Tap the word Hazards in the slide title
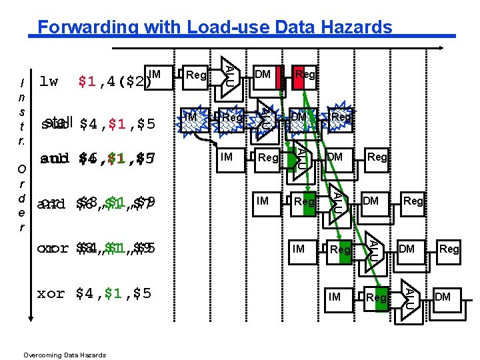click(358, 27)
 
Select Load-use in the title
click(227, 27)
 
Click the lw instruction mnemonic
click(49, 82)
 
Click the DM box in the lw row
click(263, 75)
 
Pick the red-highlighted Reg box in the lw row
click(305, 75)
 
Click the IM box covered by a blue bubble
click(192, 118)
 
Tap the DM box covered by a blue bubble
click(298, 118)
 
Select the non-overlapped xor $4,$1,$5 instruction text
click(94, 293)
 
